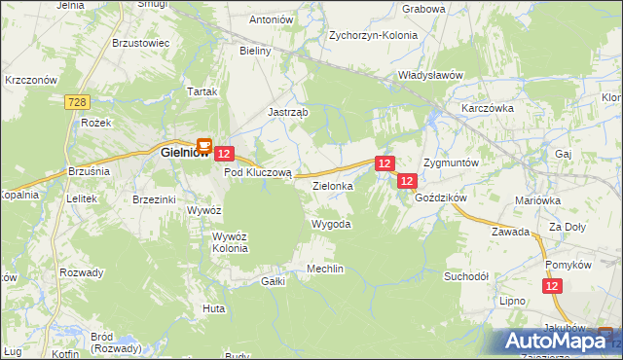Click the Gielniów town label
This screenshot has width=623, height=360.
[179, 151]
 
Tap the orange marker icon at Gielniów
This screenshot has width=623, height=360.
[204, 145]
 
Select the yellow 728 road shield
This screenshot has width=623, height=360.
[79, 100]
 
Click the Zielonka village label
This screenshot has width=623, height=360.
[332, 183]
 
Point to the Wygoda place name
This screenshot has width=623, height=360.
[330, 224]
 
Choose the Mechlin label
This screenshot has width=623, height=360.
[325, 269]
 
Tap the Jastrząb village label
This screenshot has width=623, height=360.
[288, 112]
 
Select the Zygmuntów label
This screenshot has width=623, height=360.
[452, 162]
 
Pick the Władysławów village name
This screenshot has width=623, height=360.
[429, 74]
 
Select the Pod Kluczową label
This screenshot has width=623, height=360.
[258, 172]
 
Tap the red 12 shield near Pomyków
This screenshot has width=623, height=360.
[553, 286]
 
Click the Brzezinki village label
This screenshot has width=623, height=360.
[154, 198]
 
